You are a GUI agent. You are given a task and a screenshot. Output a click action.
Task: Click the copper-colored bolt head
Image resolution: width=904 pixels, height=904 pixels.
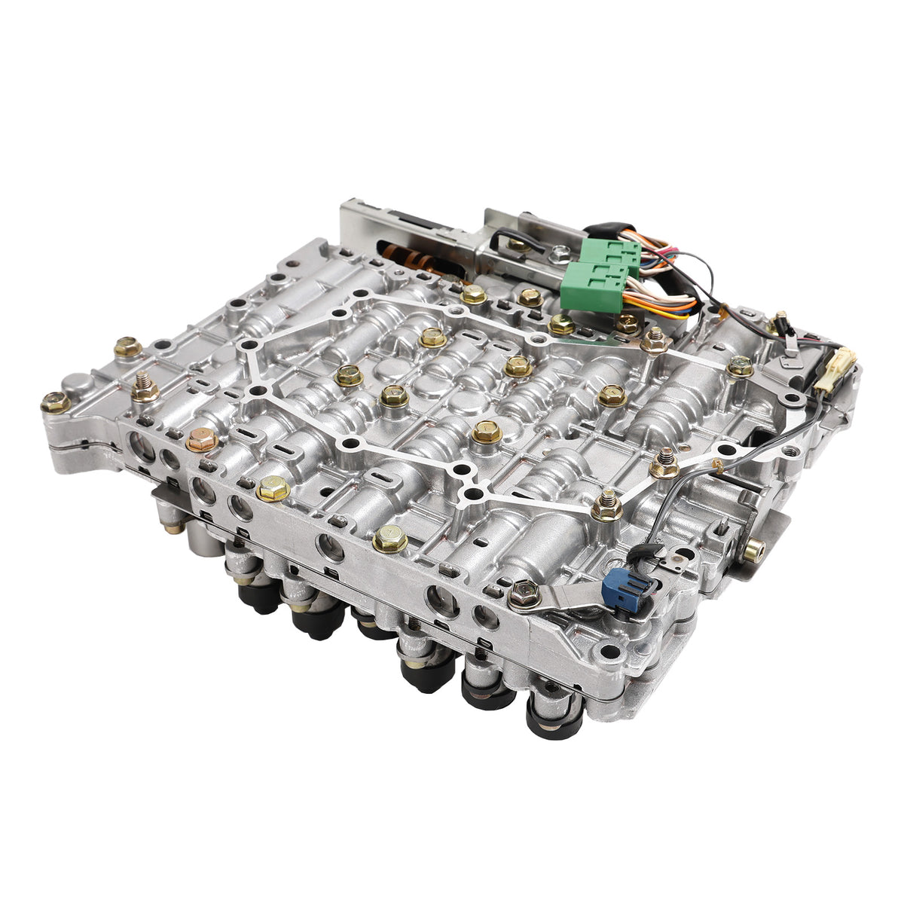click(201, 439)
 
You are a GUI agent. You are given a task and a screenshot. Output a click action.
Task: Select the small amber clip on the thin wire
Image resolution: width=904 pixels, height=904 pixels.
click(718, 466)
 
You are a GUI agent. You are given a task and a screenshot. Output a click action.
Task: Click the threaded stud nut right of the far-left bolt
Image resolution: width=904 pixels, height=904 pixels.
click(145, 390)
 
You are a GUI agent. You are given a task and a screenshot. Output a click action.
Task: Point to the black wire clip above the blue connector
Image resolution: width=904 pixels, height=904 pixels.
click(638, 553)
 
